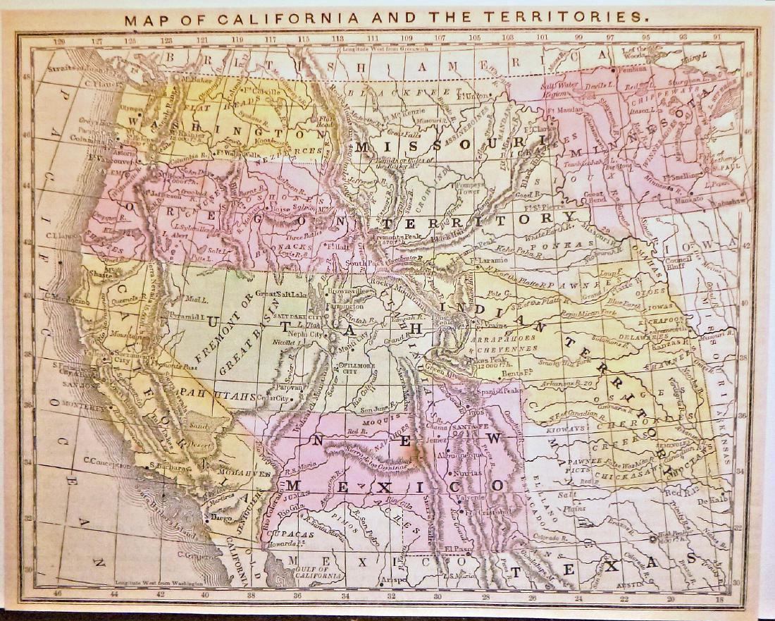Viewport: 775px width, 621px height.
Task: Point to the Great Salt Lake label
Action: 278,293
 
